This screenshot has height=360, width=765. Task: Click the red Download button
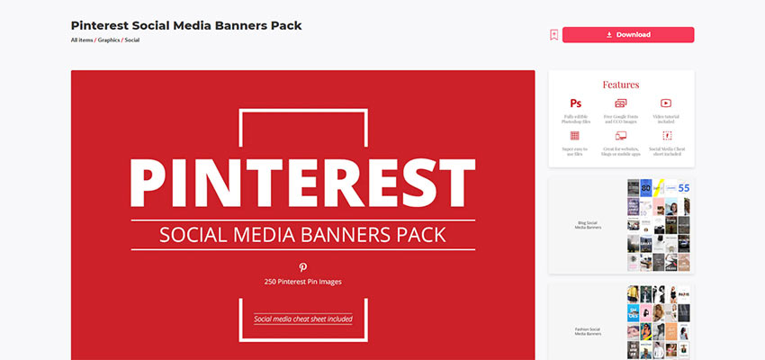tap(628, 35)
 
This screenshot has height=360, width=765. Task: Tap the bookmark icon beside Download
tap(554, 35)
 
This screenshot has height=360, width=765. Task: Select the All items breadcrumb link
tap(81, 40)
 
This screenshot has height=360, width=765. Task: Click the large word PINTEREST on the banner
tap(302, 183)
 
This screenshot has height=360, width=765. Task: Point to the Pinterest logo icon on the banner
tap(303, 267)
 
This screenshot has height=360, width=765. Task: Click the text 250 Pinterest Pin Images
tap(303, 282)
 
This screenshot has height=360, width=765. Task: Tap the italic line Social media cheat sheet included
tap(303, 319)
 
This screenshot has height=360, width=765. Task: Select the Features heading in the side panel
tap(621, 85)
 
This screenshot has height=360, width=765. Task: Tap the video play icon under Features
tap(666, 104)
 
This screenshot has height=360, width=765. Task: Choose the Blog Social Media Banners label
tap(588, 225)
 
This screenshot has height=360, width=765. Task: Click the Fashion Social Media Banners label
tap(588, 331)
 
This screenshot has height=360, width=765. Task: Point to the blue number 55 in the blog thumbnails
tap(683, 188)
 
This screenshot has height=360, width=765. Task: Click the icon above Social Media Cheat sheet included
tap(666, 135)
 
